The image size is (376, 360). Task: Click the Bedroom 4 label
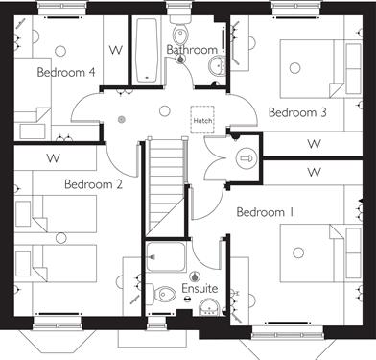tap(66, 72)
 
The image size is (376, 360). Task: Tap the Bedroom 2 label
tap(93, 184)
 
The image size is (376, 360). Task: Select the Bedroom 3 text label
tap(297, 112)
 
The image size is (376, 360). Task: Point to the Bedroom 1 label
tap(265, 212)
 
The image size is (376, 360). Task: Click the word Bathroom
tap(192, 50)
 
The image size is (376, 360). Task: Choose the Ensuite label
tap(200, 288)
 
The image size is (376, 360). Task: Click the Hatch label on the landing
tap(202, 121)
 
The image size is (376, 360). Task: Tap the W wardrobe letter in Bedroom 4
tap(116, 50)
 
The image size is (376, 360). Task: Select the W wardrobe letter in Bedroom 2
tap(53, 158)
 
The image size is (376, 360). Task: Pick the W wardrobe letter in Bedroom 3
tap(315, 144)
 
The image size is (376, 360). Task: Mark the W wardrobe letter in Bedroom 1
tap(315, 172)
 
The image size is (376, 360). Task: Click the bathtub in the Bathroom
tap(147, 50)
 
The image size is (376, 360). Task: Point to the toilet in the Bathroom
tap(180, 32)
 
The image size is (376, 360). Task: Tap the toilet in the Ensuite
tap(161, 293)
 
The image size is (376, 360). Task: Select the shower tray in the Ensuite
tap(166, 257)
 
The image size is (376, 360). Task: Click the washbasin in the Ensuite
tap(209, 307)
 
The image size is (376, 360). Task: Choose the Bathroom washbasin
tap(218, 65)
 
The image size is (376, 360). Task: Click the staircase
tap(166, 186)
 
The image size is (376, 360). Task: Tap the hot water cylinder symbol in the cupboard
tap(247, 158)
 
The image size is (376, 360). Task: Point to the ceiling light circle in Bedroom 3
tap(294, 68)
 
